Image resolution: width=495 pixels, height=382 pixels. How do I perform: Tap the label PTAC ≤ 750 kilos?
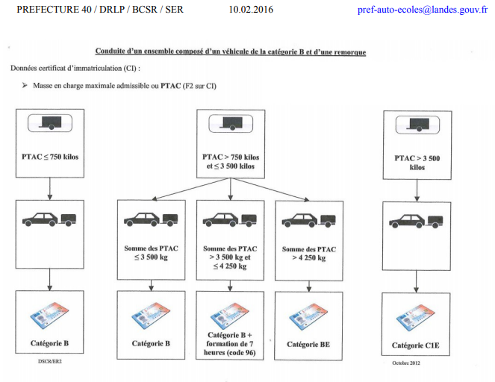(49, 157)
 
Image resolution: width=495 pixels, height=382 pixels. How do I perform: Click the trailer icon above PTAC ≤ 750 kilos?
(50, 124)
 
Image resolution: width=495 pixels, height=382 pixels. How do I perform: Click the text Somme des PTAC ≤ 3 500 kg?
(152, 253)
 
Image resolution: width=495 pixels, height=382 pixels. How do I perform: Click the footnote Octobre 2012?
(407, 363)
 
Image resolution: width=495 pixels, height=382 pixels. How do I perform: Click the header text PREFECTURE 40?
(46, 11)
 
